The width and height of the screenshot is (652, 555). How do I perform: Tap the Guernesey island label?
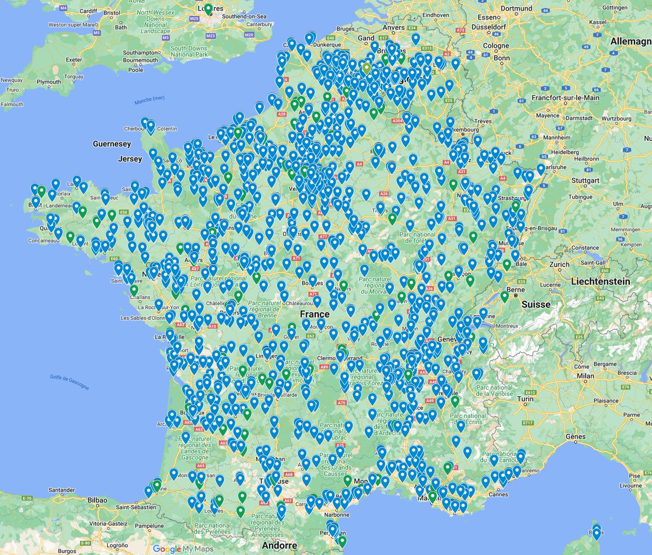(x=112, y=144)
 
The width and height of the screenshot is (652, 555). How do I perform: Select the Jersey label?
(x=130, y=159)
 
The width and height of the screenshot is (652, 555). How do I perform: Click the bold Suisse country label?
(x=536, y=305)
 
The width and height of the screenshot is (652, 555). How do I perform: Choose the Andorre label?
(x=279, y=545)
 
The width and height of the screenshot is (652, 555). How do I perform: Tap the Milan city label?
(x=585, y=376)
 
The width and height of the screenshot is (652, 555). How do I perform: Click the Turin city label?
(x=525, y=399)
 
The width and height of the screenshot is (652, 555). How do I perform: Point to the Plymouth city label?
(x=49, y=82)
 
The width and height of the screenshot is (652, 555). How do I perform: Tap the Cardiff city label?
(x=87, y=10)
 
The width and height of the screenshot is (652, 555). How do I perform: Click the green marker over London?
(x=208, y=9)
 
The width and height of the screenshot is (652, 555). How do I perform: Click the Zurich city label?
(x=559, y=264)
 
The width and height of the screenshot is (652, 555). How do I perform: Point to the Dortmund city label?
(x=516, y=9)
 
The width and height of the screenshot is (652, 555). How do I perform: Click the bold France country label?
(x=315, y=314)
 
